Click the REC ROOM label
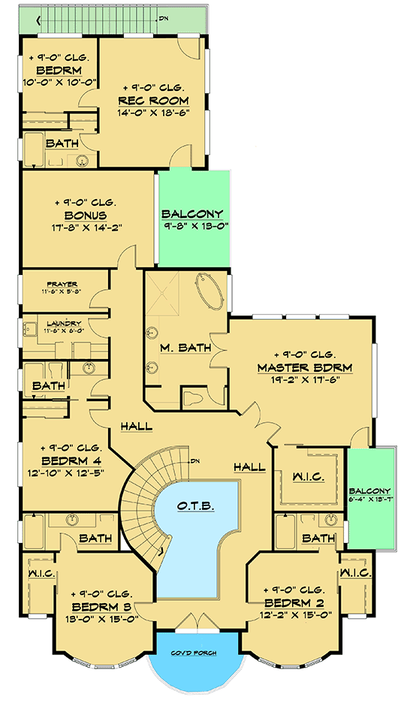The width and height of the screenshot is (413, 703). point(152,101)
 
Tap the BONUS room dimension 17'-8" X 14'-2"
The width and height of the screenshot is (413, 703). point(88,228)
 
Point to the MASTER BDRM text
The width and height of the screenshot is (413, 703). point(304,368)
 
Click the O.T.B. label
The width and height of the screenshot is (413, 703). point(197,507)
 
